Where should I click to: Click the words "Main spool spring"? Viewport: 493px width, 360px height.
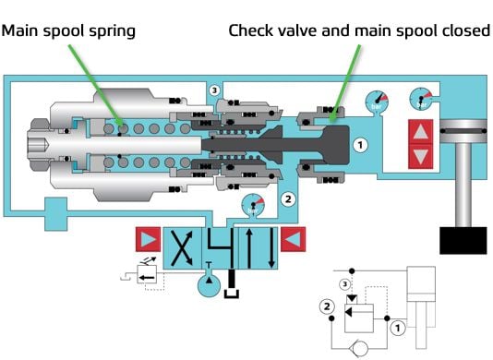pos(68,31)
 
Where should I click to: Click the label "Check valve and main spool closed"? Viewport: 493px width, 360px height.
pos(359,30)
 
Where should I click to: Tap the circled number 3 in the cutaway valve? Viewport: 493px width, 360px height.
pos(214,90)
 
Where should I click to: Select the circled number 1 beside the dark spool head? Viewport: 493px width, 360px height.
pos(360,145)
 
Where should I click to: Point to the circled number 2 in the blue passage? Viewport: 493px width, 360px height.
pos(288,199)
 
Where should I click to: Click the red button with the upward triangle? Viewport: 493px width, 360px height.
pos(421,132)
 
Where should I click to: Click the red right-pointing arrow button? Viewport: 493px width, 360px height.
pos(148,239)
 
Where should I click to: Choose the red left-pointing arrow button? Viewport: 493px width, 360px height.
pos(293,239)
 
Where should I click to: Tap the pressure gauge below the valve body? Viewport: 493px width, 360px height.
pos(253,205)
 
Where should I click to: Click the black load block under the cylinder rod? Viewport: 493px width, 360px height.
pos(463,241)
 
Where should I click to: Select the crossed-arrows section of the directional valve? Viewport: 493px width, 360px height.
pos(182,248)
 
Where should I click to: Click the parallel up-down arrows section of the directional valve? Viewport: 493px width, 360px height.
pos(259,248)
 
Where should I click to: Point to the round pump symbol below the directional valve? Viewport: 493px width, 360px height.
pos(209,285)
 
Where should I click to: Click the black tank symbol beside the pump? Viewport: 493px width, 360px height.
pos(232,284)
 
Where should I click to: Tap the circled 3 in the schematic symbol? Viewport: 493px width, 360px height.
pos(345,284)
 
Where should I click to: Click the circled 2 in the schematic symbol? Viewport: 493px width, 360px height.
pos(327,306)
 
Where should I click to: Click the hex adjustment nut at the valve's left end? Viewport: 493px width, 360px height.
pos(39,144)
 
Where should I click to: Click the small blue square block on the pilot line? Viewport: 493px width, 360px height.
pos(56,214)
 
